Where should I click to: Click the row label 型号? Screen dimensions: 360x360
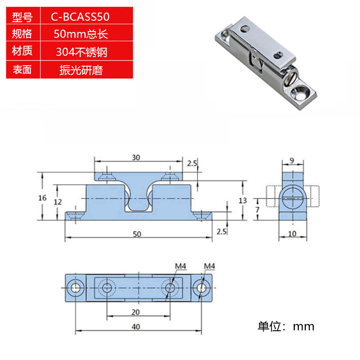click(22, 18)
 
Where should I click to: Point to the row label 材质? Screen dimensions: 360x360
click(22, 51)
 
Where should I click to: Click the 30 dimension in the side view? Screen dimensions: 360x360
click(136, 157)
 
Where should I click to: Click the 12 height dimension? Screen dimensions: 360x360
click(57, 202)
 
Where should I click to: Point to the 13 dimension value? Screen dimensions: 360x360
click(243, 200)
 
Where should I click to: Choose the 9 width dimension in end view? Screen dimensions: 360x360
click(292, 160)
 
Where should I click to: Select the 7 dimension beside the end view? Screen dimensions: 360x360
click(257, 210)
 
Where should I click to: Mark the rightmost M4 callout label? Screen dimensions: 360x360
click(209, 266)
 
